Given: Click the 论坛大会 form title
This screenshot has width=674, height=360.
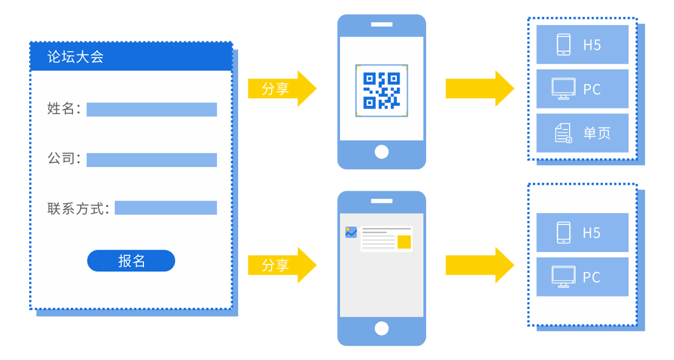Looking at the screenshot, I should [x=75, y=58].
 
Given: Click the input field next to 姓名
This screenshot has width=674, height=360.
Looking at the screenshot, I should [x=151, y=109].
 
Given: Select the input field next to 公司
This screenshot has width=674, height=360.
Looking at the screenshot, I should [x=151, y=159].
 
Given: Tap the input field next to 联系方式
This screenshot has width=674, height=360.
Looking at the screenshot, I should [x=166, y=208].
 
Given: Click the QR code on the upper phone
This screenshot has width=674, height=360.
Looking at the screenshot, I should [x=382, y=90].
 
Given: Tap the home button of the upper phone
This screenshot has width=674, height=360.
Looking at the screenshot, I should [x=382, y=152].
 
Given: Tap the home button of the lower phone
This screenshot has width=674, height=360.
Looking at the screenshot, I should [x=382, y=329].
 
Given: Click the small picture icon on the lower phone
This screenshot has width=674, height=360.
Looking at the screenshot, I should [x=351, y=232].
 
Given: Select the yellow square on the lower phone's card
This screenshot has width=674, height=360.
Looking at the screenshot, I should [x=404, y=242].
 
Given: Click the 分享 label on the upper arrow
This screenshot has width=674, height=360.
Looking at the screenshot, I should [x=275, y=89].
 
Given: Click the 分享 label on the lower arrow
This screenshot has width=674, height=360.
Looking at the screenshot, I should [x=275, y=265].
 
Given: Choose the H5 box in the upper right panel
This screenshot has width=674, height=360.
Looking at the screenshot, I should [x=582, y=45].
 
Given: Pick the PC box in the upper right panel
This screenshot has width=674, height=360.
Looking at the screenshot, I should [x=582, y=89].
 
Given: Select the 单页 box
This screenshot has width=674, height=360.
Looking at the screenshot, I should [x=582, y=133].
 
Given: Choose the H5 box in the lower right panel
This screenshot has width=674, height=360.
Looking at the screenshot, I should [x=582, y=233].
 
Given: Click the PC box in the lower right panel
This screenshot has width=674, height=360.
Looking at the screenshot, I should [x=582, y=277].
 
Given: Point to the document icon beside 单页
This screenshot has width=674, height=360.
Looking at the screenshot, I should [x=563, y=133].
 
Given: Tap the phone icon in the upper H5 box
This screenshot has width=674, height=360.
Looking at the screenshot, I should [x=564, y=45].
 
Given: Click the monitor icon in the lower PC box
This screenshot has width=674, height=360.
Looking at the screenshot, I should [x=563, y=277].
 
